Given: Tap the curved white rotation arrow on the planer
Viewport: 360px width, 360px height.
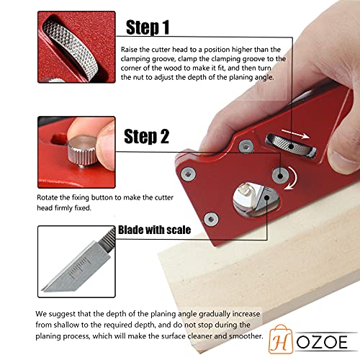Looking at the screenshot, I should click(292, 177).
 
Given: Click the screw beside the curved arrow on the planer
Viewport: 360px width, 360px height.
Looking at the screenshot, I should click(277, 174).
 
